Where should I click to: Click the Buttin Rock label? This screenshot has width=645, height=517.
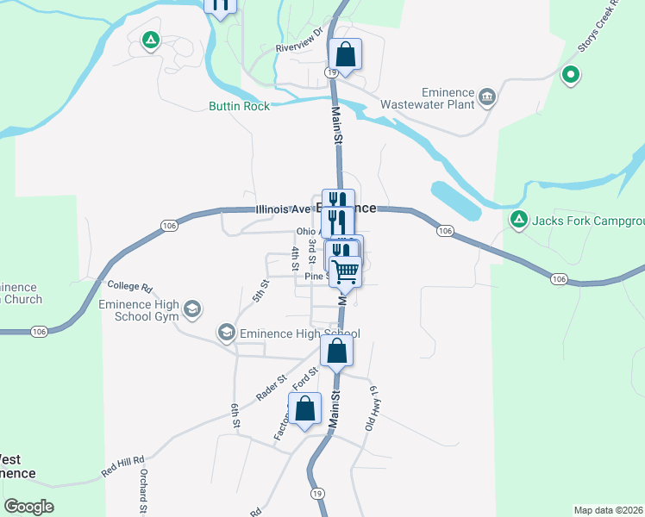pyautogui.click(x=239, y=106)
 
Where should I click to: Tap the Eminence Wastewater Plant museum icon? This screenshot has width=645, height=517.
pyautogui.click(x=487, y=95)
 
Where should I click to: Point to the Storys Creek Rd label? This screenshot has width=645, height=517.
pyautogui.click(x=599, y=27)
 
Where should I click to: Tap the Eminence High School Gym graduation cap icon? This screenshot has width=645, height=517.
pyautogui.click(x=192, y=308)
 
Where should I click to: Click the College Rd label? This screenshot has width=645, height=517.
pyautogui.click(x=129, y=286)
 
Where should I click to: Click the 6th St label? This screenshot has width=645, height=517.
pyautogui.click(x=235, y=415)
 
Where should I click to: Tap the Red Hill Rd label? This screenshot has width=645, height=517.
pyautogui.click(x=122, y=466)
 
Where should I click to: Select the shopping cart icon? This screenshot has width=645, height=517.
pyautogui.click(x=346, y=271)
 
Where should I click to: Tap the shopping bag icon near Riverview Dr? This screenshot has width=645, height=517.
pyautogui.click(x=345, y=55)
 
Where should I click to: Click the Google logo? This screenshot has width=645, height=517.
pyautogui.click(x=28, y=507)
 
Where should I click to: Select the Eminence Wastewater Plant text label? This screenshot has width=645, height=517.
pyautogui.click(x=448, y=98)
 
